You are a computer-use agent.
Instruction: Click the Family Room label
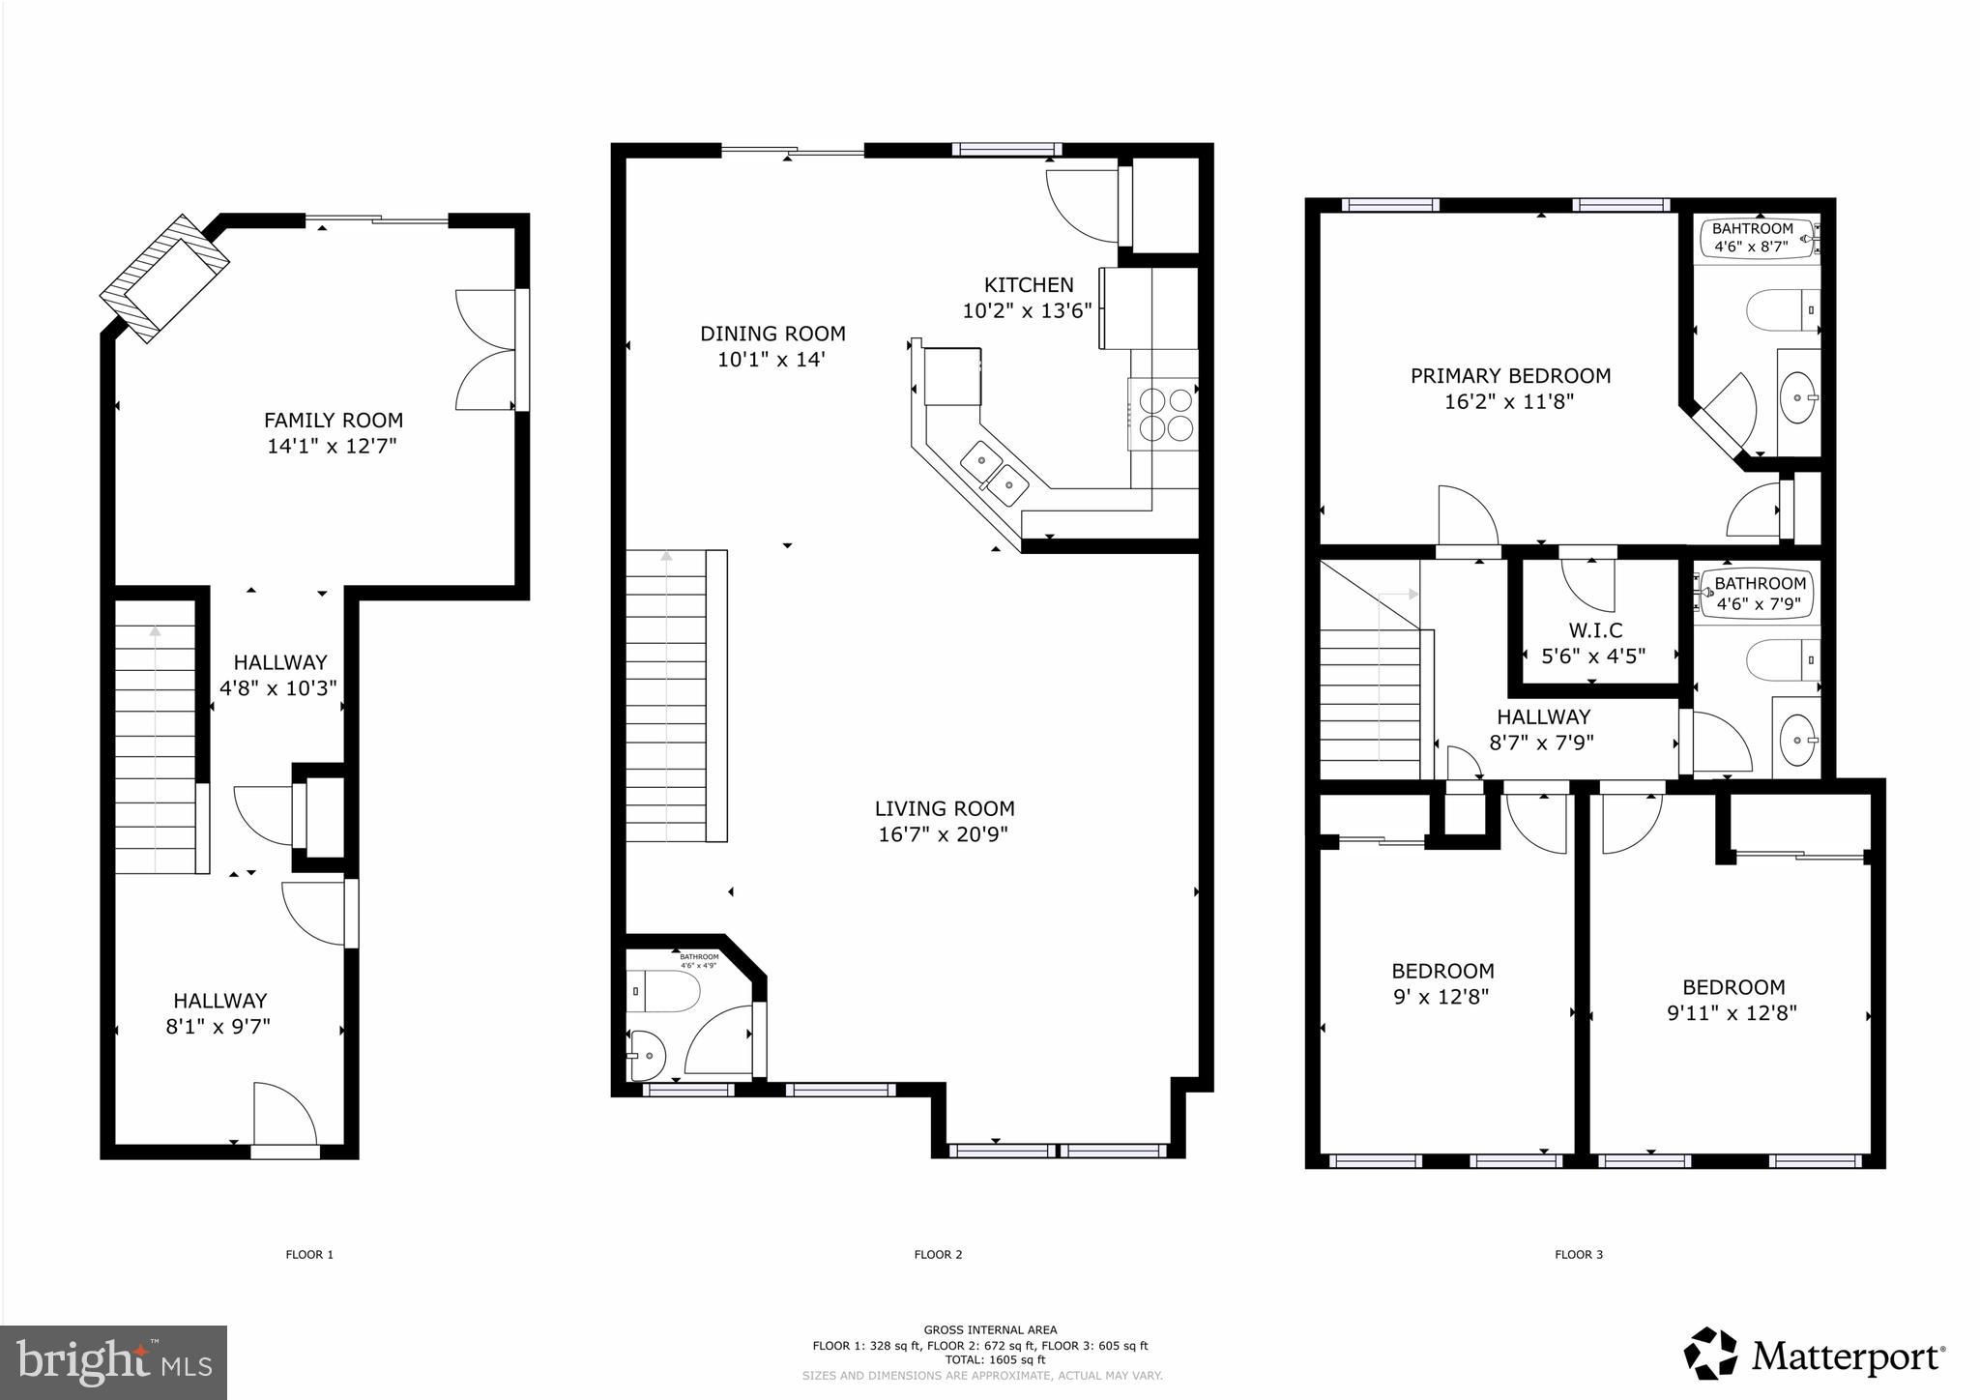(334, 421)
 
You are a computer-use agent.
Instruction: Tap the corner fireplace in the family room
(165, 278)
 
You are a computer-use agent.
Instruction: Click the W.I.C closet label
(1595, 630)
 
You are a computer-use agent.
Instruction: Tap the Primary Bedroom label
(1510, 376)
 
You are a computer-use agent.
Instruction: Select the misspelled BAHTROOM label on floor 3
(1752, 229)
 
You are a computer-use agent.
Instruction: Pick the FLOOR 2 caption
(938, 1255)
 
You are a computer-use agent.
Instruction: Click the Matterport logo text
(1847, 1356)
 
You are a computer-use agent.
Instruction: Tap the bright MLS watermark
(114, 1362)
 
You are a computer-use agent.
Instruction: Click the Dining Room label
(772, 335)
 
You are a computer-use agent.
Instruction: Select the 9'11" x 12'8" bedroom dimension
(1732, 1013)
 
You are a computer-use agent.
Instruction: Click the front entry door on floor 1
(284, 1151)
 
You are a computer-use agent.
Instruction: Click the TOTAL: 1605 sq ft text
(995, 1359)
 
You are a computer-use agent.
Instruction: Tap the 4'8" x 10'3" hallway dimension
(278, 688)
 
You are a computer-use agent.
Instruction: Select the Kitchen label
(1028, 285)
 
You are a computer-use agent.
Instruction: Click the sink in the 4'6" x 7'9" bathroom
(1797, 741)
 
